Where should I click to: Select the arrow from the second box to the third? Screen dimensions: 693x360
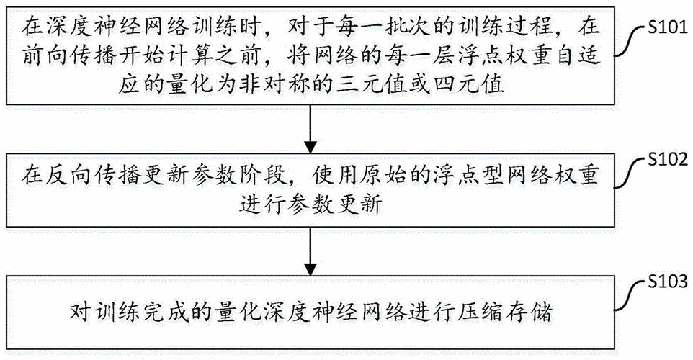[310, 248]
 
